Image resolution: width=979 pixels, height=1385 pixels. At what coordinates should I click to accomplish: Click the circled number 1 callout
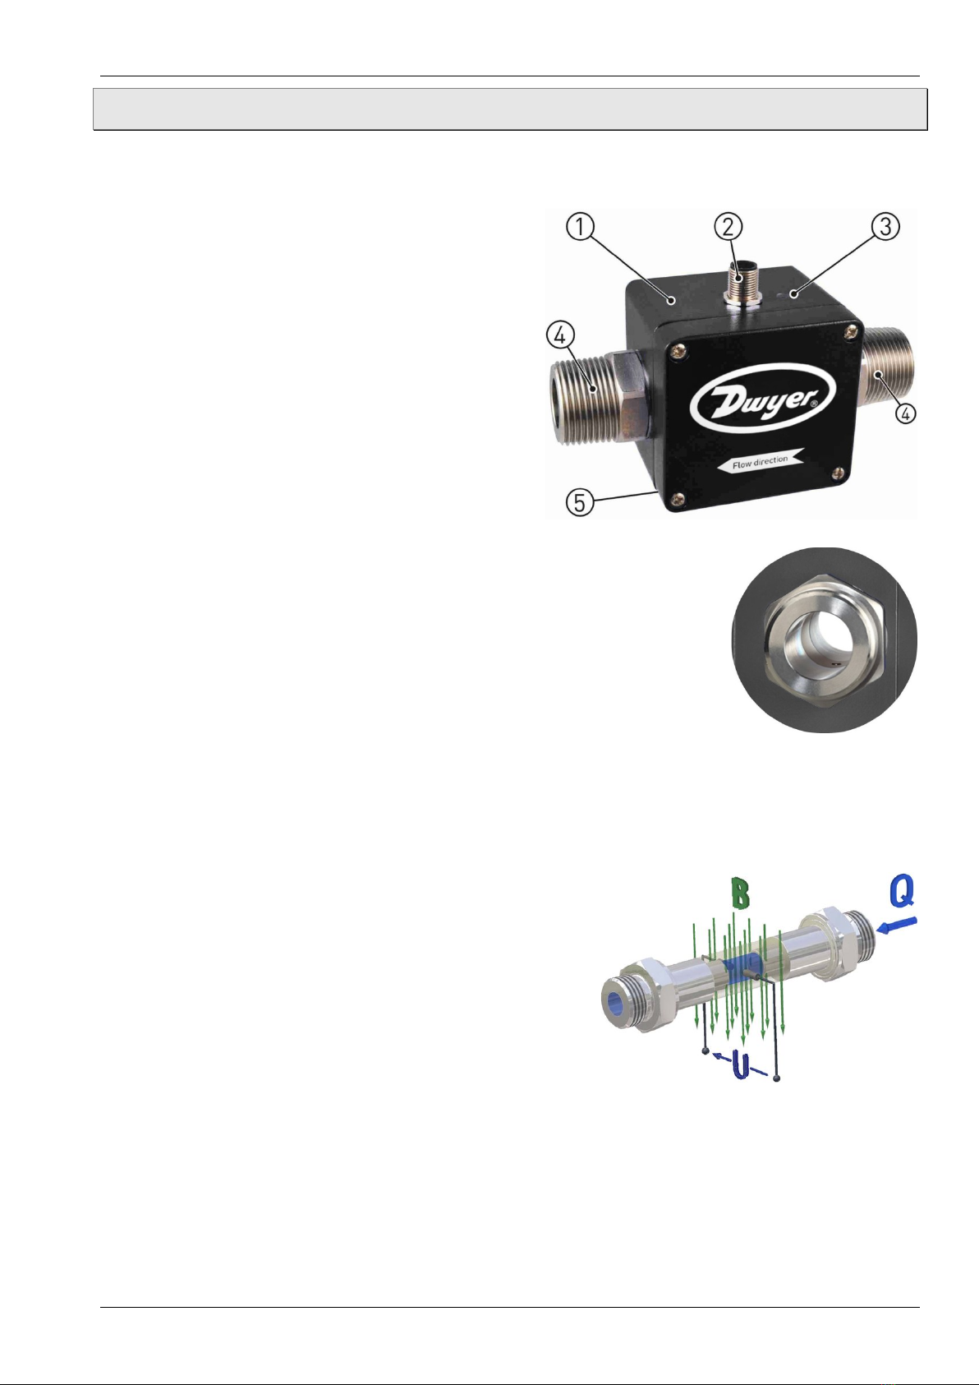[580, 227]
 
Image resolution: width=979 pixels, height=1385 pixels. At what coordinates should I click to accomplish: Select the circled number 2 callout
[729, 227]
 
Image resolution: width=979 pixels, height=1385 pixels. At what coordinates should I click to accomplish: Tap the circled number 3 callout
[885, 227]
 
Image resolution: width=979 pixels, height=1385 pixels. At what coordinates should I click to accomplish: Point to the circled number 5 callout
[580, 502]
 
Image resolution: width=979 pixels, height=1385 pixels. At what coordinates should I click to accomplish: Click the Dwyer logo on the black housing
[762, 401]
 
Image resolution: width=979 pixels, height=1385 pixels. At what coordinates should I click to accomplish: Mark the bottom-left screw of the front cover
[678, 498]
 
